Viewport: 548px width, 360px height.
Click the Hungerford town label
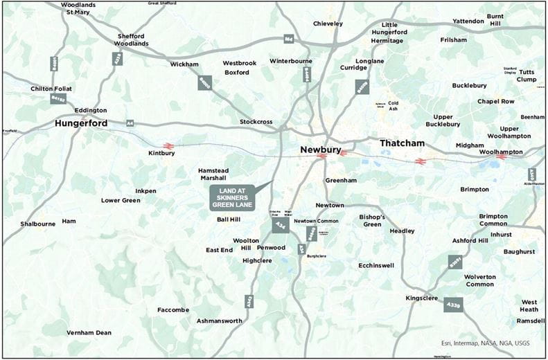point(81,124)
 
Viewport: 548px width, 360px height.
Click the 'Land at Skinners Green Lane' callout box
point(233,198)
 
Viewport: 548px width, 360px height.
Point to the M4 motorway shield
point(288,39)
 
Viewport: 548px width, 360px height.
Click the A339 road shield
point(453,305)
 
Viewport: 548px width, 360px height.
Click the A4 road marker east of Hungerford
point(130,123)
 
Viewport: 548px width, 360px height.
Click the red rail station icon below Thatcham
point(419,161)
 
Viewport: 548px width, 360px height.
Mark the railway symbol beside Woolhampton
point(501,157)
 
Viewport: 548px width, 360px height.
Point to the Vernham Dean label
point(89,333)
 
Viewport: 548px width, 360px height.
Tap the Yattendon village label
point(469,21)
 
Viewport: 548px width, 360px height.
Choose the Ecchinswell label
point(376,264)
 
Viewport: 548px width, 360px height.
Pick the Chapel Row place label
point(496,102)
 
